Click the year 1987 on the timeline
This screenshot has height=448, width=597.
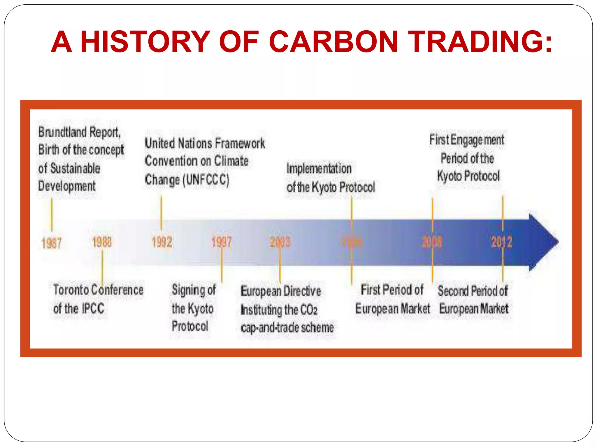coord(52,243)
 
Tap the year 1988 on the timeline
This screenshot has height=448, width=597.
coord(102,242)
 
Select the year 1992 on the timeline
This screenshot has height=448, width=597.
coord(162,242)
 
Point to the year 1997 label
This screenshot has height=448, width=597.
coord(221,242)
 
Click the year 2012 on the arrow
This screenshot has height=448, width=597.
coord(501,242)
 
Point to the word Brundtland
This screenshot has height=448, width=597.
coord(62,132)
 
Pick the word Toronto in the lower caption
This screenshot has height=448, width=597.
coord(71,290)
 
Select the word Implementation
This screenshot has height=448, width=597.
coord(319,169)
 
